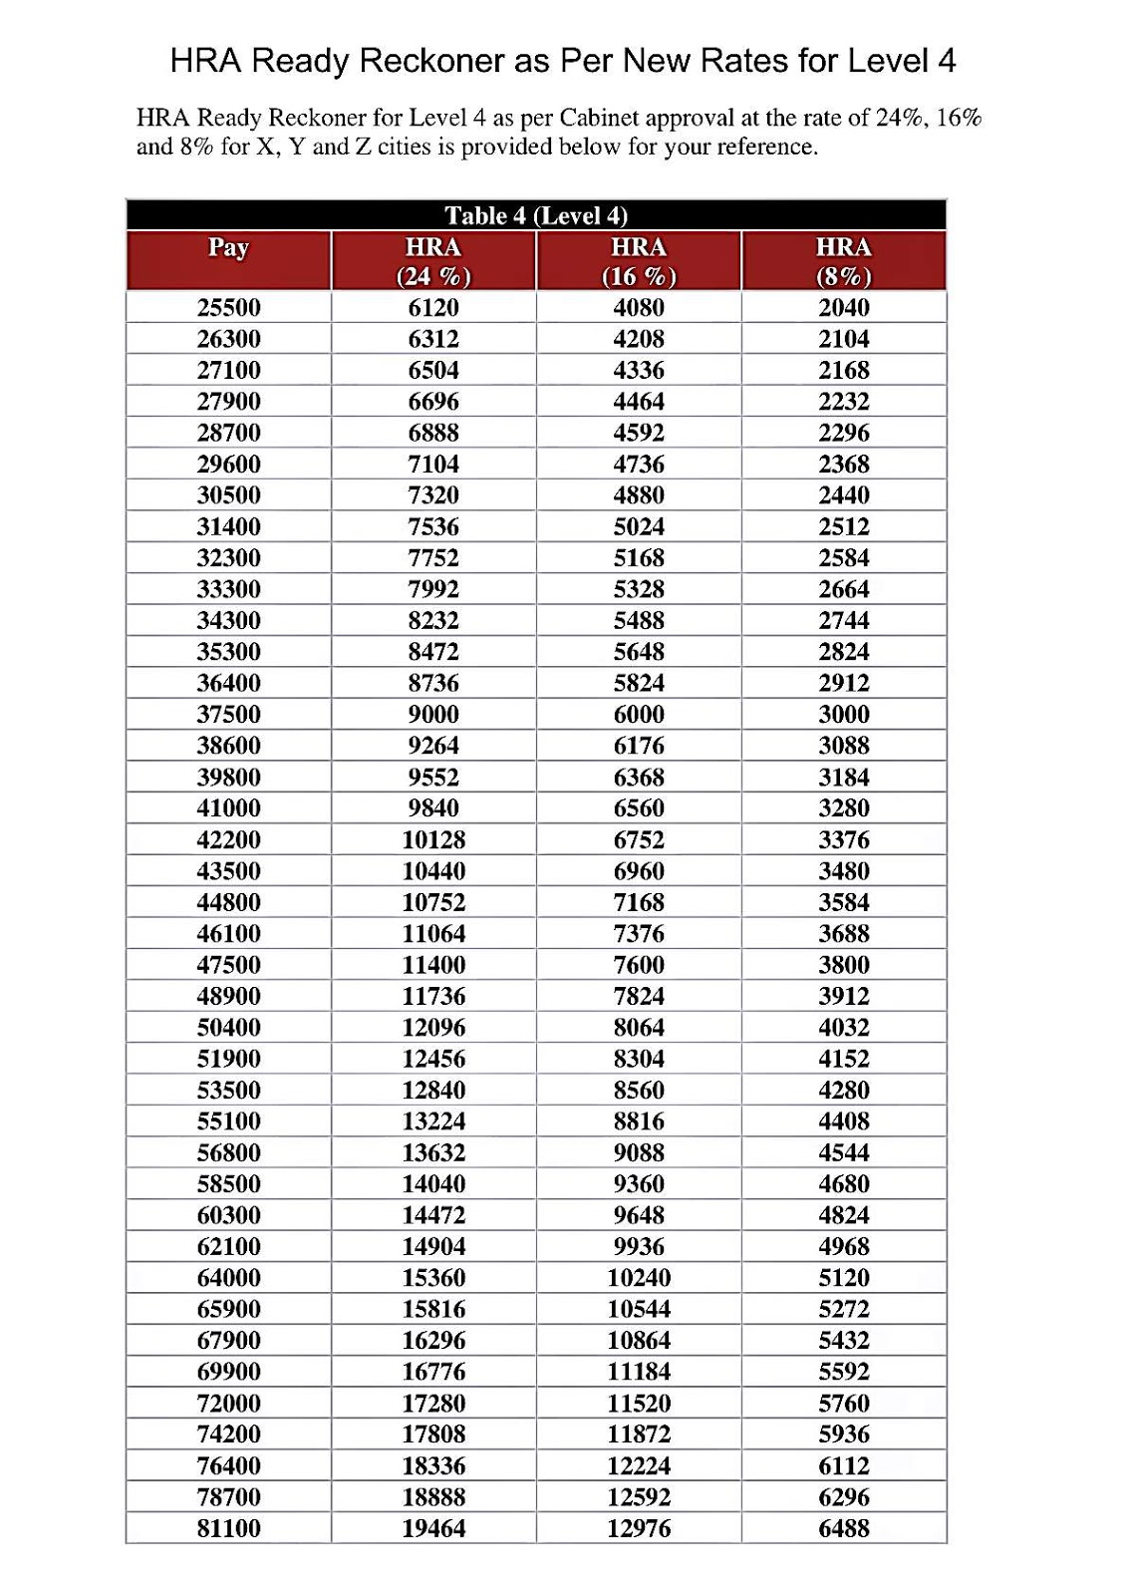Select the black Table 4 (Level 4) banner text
(536, 216)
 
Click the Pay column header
(228, 248)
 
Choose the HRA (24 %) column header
(433, 261)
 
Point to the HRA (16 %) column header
(639, 261)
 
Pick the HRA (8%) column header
(843, 261)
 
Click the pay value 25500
(228, 308)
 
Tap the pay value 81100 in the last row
(228, 1528)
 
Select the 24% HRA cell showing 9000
(433, 715)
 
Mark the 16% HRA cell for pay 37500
(639, 715)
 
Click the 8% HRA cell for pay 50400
(844, 1028)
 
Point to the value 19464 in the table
(433, 1528)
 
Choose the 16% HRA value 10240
(639, 1278)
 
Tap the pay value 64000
(228, 1278)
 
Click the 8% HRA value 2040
(844, 308)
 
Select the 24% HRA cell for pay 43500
(433, 871)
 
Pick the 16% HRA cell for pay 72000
(639, 1404)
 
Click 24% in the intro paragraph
(901, 119)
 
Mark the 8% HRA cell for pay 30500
(844, 495)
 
